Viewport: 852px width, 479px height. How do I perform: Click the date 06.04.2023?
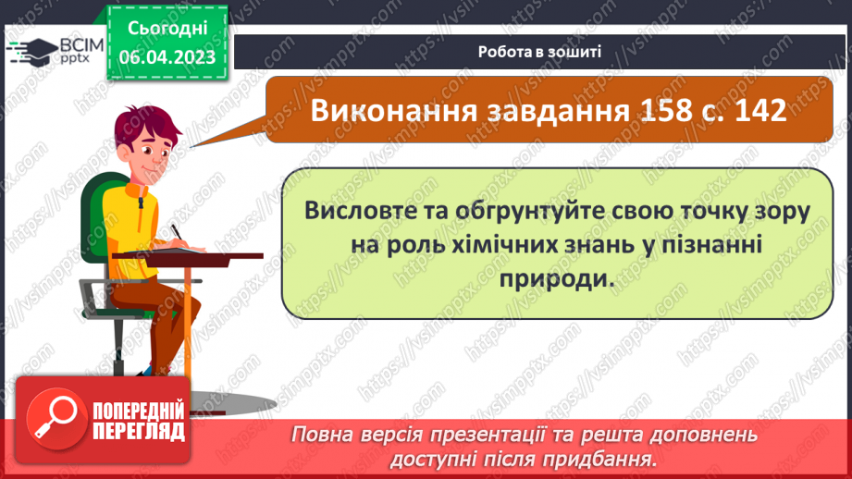(x=167, y=58)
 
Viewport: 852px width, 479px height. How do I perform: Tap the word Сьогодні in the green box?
(x=167, y=29)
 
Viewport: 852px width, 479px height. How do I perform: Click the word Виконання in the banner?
(x=390, y=109)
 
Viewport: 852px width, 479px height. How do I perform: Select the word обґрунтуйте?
(x=505, y=210)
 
